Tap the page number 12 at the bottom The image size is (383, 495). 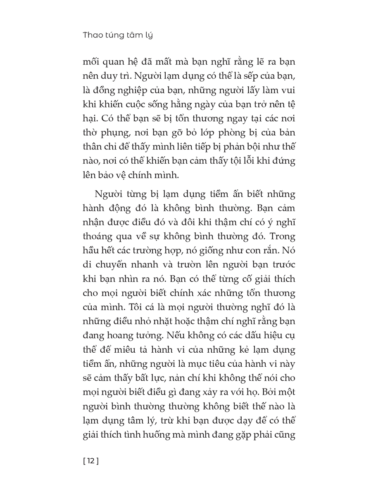tap(91, 461)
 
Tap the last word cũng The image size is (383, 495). tap(285, 435)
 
